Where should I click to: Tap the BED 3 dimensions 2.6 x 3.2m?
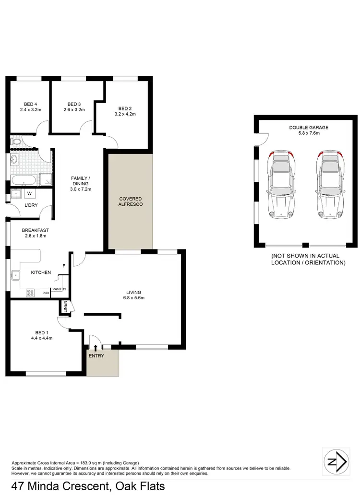[74, 110]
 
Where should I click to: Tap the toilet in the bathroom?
[16, 142]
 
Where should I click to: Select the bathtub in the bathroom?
[23, 181]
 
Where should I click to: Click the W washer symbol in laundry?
[29, 194]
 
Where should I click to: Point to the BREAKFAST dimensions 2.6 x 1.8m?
[35, 236]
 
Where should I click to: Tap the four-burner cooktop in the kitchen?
[31, 292]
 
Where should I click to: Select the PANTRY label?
[60, 289]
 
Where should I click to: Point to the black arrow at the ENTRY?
[96, 348]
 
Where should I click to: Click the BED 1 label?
[41, 332]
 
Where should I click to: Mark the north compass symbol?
[336, 462]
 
